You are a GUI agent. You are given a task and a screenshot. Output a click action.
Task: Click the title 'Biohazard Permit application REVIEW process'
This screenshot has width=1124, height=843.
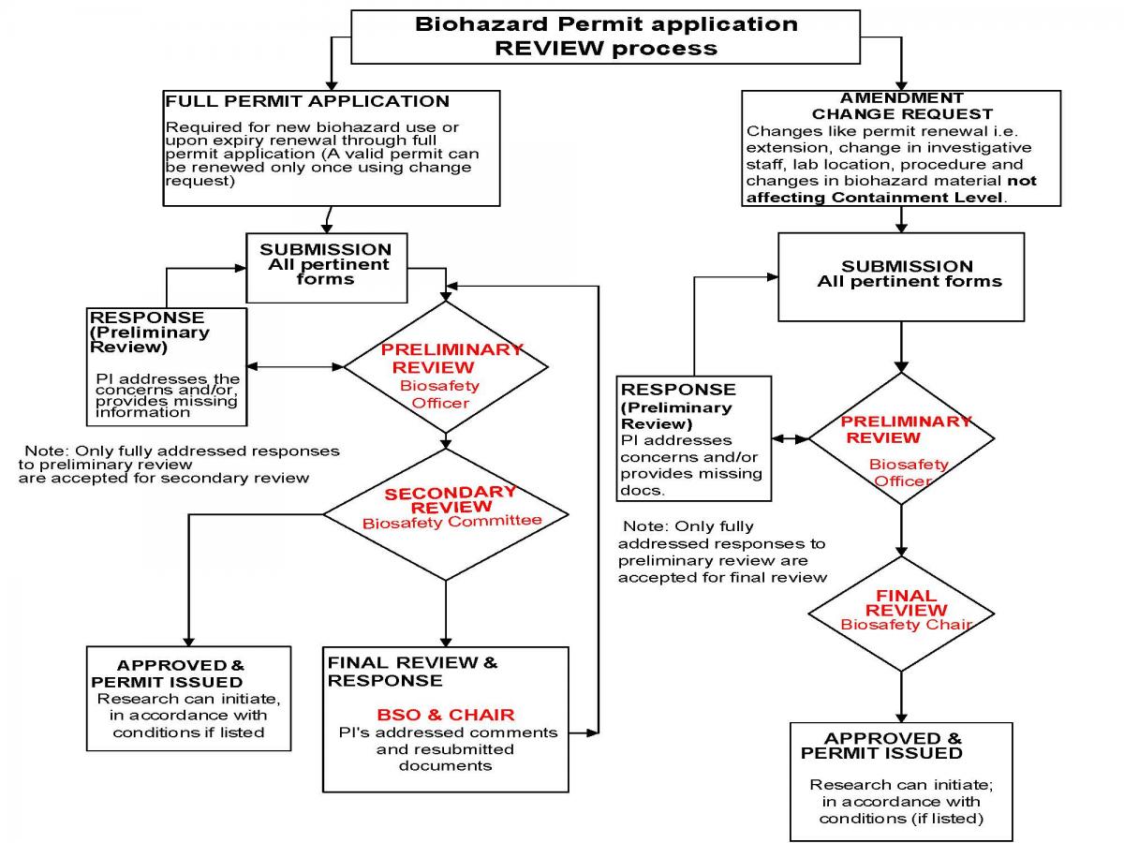606,37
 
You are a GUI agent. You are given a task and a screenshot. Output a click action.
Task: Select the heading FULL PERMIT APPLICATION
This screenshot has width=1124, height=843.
307,101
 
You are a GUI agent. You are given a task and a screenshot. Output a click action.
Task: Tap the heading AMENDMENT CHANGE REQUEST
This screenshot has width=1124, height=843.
902,106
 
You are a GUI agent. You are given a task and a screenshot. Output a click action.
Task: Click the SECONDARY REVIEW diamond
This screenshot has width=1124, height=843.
446,514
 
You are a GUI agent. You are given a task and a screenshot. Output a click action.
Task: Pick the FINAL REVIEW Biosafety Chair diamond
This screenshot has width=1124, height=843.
901,614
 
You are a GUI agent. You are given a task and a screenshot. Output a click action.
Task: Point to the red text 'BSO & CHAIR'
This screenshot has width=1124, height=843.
446,715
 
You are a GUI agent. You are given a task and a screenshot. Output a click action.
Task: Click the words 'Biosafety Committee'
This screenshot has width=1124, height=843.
451,522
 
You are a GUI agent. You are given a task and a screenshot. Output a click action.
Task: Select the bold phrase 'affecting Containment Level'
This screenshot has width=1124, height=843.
874,198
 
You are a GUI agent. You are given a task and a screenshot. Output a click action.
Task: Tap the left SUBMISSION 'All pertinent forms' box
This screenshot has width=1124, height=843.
327,268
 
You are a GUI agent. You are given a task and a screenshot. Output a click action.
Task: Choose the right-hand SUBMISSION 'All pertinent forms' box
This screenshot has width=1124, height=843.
901,277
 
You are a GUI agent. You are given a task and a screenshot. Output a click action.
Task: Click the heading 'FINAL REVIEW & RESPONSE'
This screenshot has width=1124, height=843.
412,672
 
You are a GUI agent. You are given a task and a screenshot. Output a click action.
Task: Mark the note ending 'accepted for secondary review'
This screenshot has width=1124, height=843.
179,465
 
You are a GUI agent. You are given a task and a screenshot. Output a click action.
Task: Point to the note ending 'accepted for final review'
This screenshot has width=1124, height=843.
722,552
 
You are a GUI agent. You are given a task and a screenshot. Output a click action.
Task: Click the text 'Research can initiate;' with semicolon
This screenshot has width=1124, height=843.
901,785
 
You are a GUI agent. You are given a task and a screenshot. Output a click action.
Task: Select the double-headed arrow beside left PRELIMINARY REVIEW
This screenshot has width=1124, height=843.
295,366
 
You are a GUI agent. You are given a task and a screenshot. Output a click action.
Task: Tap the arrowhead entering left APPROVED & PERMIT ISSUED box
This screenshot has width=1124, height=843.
189,642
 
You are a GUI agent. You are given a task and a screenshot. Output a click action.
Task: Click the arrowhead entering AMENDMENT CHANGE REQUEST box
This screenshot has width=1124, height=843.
901,86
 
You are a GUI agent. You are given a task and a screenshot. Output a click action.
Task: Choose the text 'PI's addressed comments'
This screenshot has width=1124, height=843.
448,732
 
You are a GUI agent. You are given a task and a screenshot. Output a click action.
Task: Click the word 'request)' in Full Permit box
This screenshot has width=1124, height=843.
200,181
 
